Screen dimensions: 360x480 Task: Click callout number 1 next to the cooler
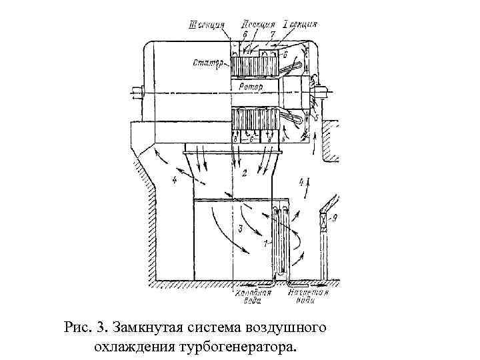[x=265, y=244]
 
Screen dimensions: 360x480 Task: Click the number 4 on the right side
[x=301, y=181]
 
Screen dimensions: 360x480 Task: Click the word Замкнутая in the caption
[x=147, y=328]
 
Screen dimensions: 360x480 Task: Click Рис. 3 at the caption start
[x=85, y=328]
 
